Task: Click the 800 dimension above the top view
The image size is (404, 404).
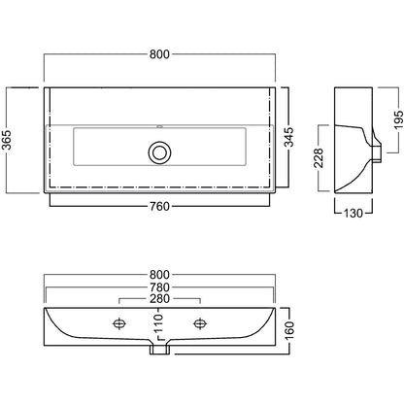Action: coord(159,54)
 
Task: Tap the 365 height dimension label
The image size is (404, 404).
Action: coord(7,140)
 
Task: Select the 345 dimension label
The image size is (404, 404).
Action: coord(289,137)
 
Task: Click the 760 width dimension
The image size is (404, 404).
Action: coord(159,206)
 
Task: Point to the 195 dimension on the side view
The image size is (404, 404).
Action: coord(399,120)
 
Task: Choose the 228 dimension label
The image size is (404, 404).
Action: coord(319,158)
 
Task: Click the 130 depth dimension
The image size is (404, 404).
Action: coord(353,214)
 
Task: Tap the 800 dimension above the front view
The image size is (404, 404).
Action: coord(159,275)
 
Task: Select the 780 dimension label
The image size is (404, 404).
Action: coord(159,287)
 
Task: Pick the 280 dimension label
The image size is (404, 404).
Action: coord(159,299)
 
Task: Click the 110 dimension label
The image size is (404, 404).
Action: coord(158,323)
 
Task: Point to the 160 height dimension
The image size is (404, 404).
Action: coord(289,330)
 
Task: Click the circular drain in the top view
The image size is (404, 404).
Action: coord(159,152)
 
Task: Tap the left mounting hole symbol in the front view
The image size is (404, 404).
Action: coord(119,323)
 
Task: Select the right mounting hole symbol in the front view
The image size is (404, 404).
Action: coord(200,323)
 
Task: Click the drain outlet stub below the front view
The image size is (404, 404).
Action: coord(159,350)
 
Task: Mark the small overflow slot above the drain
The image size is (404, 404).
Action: coord(159,126)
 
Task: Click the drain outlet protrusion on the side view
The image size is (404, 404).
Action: coord(377,153)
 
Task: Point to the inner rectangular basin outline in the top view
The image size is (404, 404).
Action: coord(74,147)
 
